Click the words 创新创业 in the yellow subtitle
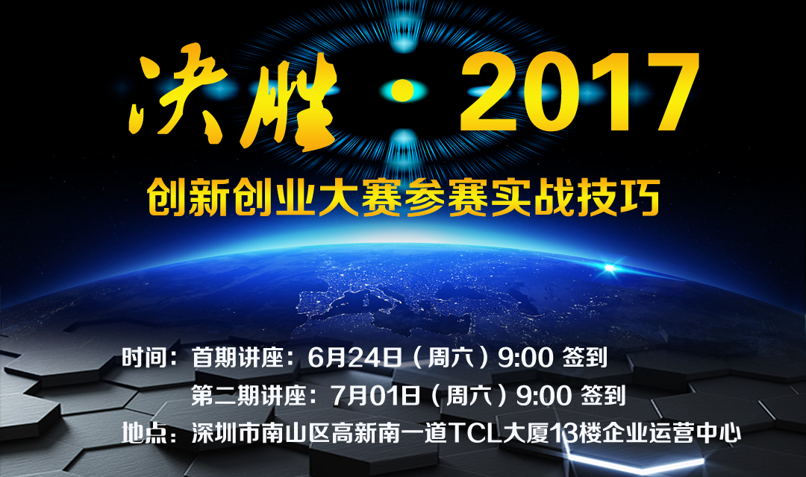231,198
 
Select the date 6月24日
354,357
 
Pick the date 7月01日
375,395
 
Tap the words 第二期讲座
249,395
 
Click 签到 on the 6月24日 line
585,357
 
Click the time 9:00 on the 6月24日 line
525,358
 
